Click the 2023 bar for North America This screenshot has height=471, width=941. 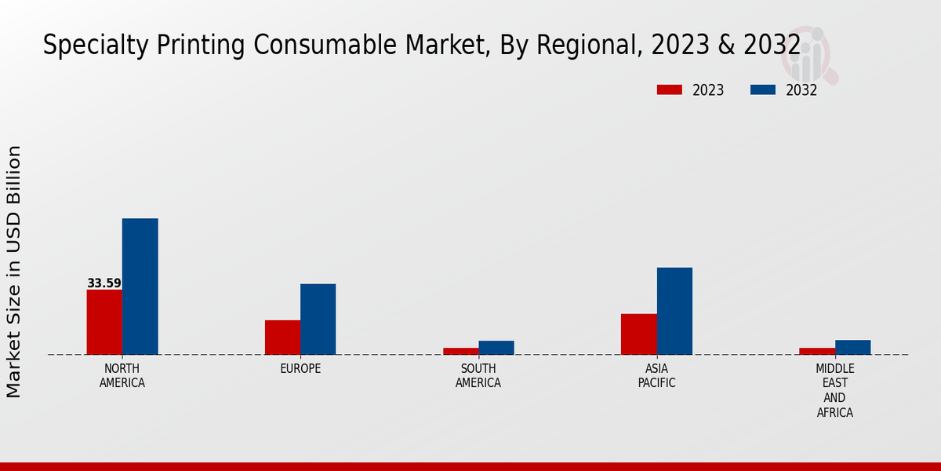(104, 322)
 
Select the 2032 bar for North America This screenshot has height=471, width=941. (140, 287)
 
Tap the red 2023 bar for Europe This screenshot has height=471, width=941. (282, 337)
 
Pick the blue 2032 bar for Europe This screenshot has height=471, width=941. (318, 319)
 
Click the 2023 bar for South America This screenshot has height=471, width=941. (460, 351)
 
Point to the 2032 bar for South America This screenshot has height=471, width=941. (496, 347)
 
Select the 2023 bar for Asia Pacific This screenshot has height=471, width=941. (638, 334)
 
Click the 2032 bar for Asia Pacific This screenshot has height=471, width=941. (674, 311)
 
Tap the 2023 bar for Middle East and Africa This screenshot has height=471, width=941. (817, 351)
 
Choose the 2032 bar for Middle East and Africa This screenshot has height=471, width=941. (852, 347)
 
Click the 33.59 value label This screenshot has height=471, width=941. (104, 283)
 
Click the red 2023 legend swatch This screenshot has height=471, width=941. (669, 90)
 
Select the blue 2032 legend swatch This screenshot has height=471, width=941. (762, 90)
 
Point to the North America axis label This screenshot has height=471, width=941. (122, 376)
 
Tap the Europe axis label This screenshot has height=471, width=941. (300, 369)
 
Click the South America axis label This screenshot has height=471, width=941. (478, 376)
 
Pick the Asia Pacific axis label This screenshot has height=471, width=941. (656, 376)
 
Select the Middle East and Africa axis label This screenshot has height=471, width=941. (835, 390)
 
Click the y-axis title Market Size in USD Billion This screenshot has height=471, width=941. (14, 271)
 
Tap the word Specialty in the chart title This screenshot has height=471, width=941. (87, 46)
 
